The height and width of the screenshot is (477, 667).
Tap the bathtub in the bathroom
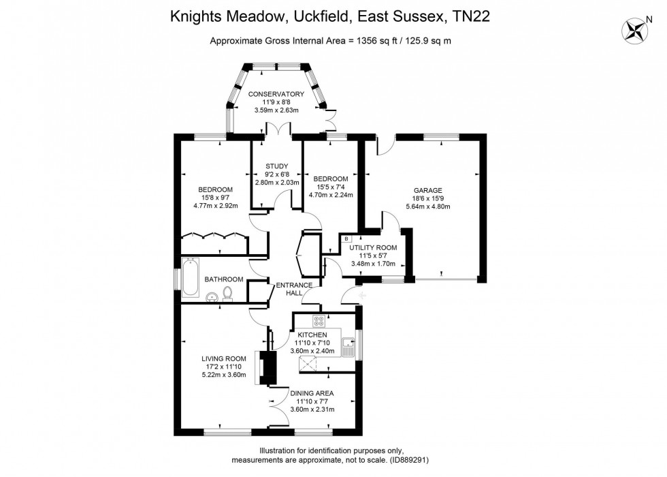pyautogui.click(x=190, y=277)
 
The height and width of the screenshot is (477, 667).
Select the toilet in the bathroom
pyautogui.click(x=228, y=294)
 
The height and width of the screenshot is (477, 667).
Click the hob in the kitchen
pyautogui.click(x=319, y=320)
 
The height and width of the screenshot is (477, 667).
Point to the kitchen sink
pyautogui.click(x=348, y=347)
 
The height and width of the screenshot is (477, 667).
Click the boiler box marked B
pyautogui.click(x=346, y=238)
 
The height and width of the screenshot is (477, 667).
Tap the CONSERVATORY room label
pyautogui.click(x=276, y=94)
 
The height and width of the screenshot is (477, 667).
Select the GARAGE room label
pyautogui.click(x=428, y=190)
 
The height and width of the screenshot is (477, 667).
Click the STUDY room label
pyautogui.click(x=277, y=166)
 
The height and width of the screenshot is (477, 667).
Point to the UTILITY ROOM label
pyautogui.click(x=373, y=247)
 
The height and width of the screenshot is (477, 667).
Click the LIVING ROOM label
pyautogui.click(x=224, y=358)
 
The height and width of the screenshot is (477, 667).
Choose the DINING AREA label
pyautogui.click(x=312, y=393)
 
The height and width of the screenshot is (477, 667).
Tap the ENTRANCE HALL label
pyautogui.click(x=294, y=289)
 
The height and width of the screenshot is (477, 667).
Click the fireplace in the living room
pyautogui.click(x=266, y=367)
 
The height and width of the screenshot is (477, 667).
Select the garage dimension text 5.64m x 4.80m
pyautogui.click(x=428, y=206)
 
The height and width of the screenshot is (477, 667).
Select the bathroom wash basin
pyautogui.click(x=212, y=297)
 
